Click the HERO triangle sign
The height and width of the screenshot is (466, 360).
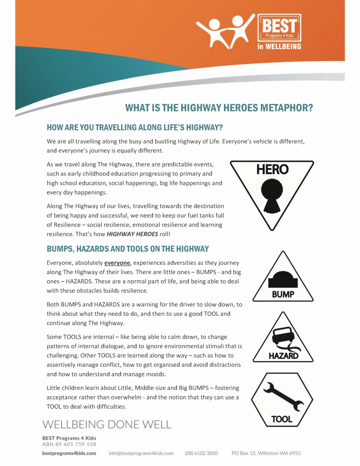click(272, 191)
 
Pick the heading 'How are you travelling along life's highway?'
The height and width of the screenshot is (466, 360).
click(134, 127)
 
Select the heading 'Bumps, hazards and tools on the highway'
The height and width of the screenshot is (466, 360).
click(127, 249)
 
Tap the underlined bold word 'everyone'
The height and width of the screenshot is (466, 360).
click(118, 263)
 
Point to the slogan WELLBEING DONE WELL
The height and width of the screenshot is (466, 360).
click(107, 425)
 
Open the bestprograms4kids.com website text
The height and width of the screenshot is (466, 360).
click(69, 453)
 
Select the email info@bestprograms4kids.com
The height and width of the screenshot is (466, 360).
click(141, 453)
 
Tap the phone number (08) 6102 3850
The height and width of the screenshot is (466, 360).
click(201, 453)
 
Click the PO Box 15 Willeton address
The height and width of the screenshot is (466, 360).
click(266, 453)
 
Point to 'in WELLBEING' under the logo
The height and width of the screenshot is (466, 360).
click(279, 46)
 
